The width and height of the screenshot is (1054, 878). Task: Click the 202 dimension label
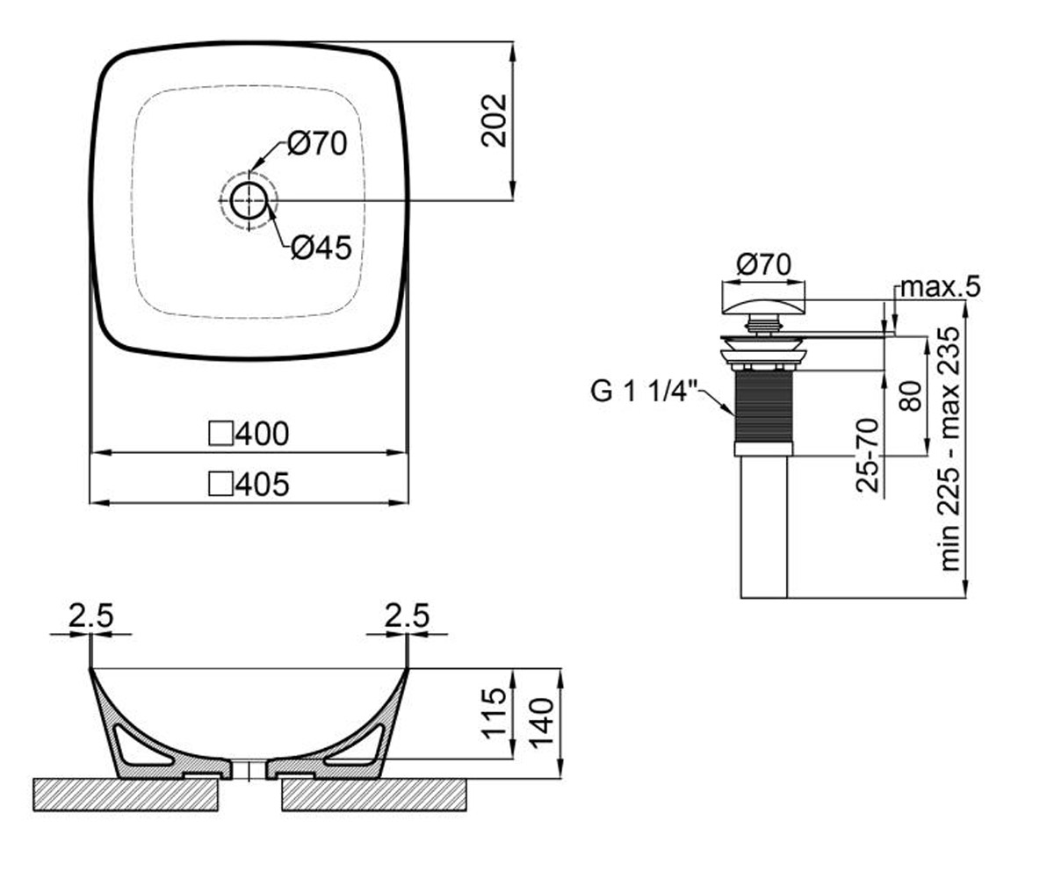point(494,120)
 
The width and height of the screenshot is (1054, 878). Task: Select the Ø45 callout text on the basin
point(321,248)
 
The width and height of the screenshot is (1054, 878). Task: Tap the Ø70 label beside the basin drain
point(317,143)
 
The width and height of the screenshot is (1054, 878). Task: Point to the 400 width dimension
point(263,434)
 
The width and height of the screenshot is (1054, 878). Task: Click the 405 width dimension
point(263,484)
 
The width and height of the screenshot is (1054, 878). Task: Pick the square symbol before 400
point(221,434)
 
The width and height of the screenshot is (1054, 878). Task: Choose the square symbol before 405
point(221,485)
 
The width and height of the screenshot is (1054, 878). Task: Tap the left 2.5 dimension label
point(91,615)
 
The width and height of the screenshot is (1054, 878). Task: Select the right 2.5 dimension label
point(407,615)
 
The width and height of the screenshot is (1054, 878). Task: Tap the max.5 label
point(940,286)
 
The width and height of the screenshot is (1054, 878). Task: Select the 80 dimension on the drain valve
point(911,396)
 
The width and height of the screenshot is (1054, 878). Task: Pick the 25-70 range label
point(867,455)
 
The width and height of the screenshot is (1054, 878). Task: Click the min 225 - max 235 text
point(949,449)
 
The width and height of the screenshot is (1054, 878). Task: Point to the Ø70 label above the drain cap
point(764,264)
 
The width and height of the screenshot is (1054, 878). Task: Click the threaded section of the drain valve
point(764,407)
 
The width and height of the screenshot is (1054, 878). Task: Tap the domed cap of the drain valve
point(763,306)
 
